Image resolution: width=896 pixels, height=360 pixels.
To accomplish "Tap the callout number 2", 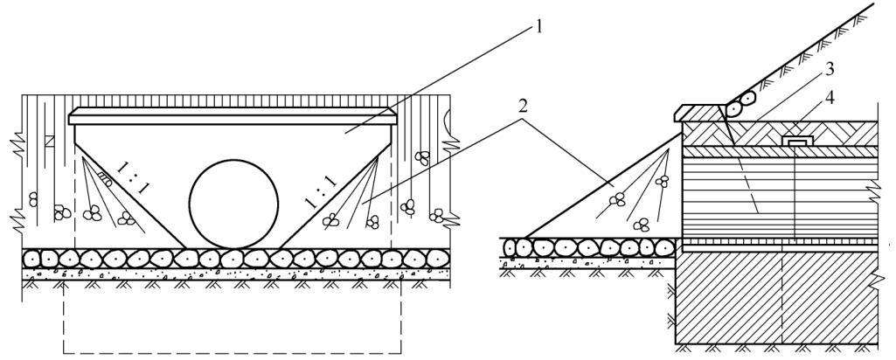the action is pyautogui.click(x=523, y=107).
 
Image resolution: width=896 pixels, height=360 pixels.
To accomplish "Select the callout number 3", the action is pyautogui.click(x=830, y=70).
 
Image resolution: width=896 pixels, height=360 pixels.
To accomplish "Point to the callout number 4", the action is pyautogui.click(x=830, y=98).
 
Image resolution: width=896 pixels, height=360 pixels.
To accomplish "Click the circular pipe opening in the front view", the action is pyautogui.click(x=233, y=204).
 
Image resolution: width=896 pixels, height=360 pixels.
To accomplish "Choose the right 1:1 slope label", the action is pyautogui.click(x=321, y=192).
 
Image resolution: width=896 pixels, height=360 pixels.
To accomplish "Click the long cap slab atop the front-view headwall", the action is pyautogui.click(x=232, y=116).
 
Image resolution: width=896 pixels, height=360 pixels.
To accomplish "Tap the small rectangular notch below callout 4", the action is pyautogui.click(x=797, y=141).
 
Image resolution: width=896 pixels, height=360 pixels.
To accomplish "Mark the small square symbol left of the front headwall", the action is pyautogui.click(x=50, y=141).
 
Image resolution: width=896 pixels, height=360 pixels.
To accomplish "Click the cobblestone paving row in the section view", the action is pyautogui.click(x=589, y=247).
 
